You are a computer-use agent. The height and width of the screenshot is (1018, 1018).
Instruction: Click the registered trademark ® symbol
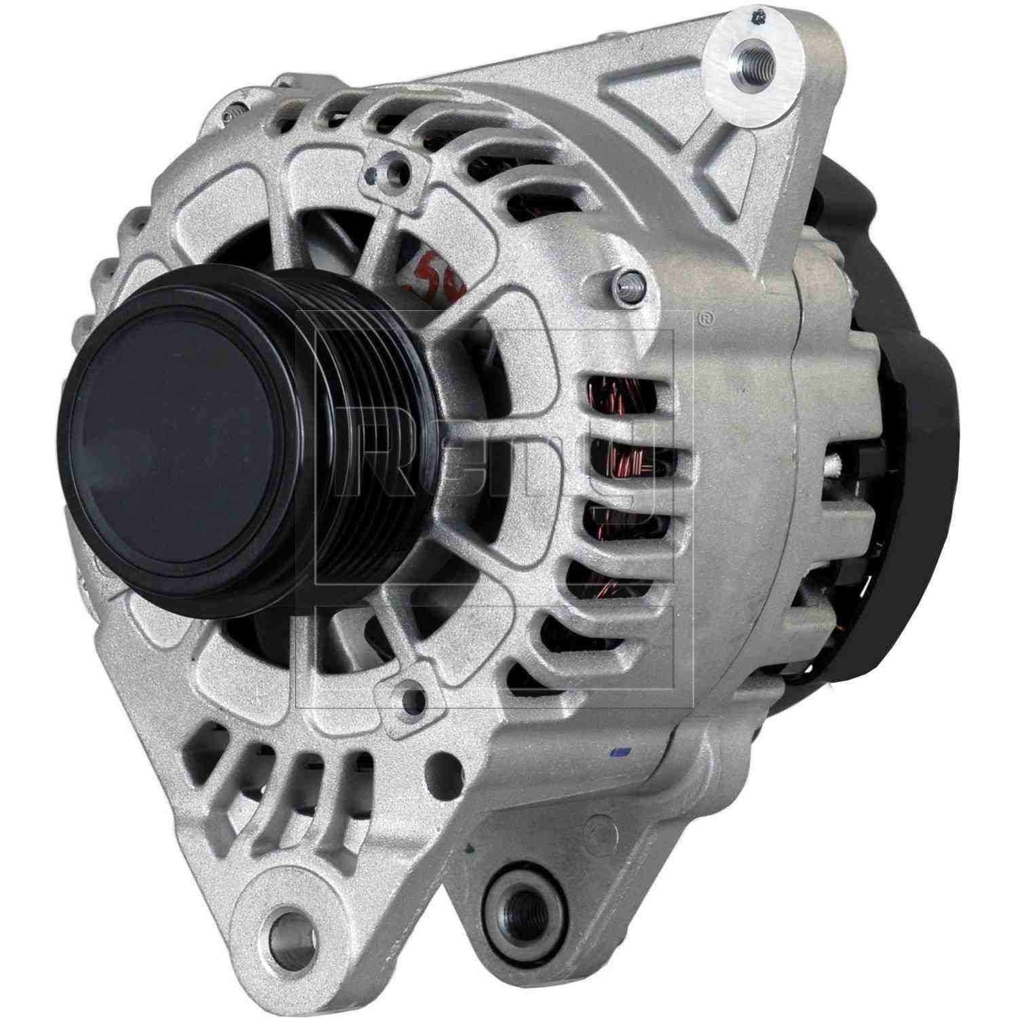(706, 316)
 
